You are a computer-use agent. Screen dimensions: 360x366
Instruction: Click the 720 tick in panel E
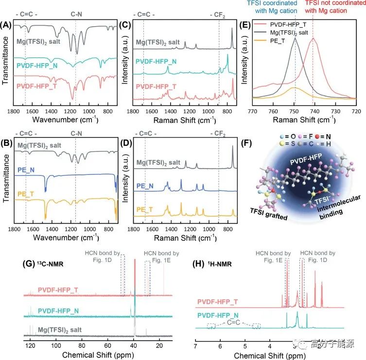pos(357,111)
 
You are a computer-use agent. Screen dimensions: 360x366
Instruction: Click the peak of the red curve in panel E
pos(312,39)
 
